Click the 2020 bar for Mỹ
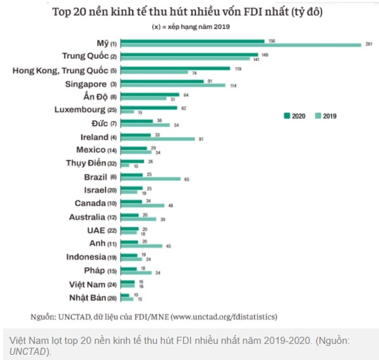(193, 41)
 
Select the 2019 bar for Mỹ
(241, 45)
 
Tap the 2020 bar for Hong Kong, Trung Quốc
(175, 68)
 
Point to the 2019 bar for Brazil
(150, 179)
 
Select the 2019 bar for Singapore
(172, 86)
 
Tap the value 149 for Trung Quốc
(265, 54)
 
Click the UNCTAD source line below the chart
(154, 316)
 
